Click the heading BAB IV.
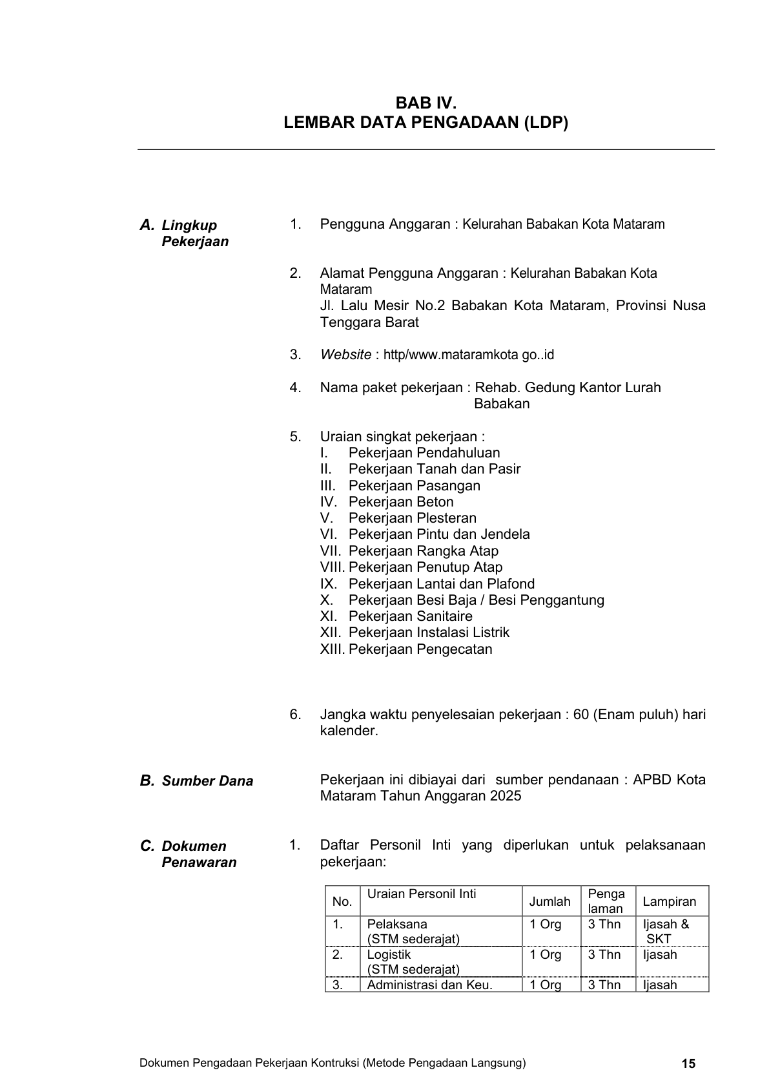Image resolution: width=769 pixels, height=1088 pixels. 426,103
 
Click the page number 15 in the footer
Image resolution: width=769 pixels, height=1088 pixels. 688,1063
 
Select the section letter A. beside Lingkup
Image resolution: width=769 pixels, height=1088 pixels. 147,225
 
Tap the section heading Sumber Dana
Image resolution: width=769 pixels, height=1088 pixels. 207,781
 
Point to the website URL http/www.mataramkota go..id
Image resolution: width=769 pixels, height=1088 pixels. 469,355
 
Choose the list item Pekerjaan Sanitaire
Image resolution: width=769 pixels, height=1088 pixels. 410,616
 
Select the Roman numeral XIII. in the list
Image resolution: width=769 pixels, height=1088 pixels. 333,649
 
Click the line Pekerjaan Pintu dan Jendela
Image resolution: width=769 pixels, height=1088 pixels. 439,534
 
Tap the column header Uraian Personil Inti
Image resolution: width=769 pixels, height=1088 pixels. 422,894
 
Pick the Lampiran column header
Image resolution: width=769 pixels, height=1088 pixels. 670,902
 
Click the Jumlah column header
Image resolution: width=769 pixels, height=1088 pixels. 550,902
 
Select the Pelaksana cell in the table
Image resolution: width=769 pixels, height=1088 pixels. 397,925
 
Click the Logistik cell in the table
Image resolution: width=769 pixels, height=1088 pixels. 389,955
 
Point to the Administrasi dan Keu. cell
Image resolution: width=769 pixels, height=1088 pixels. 429,985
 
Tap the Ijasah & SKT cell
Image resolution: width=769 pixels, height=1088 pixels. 665,932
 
